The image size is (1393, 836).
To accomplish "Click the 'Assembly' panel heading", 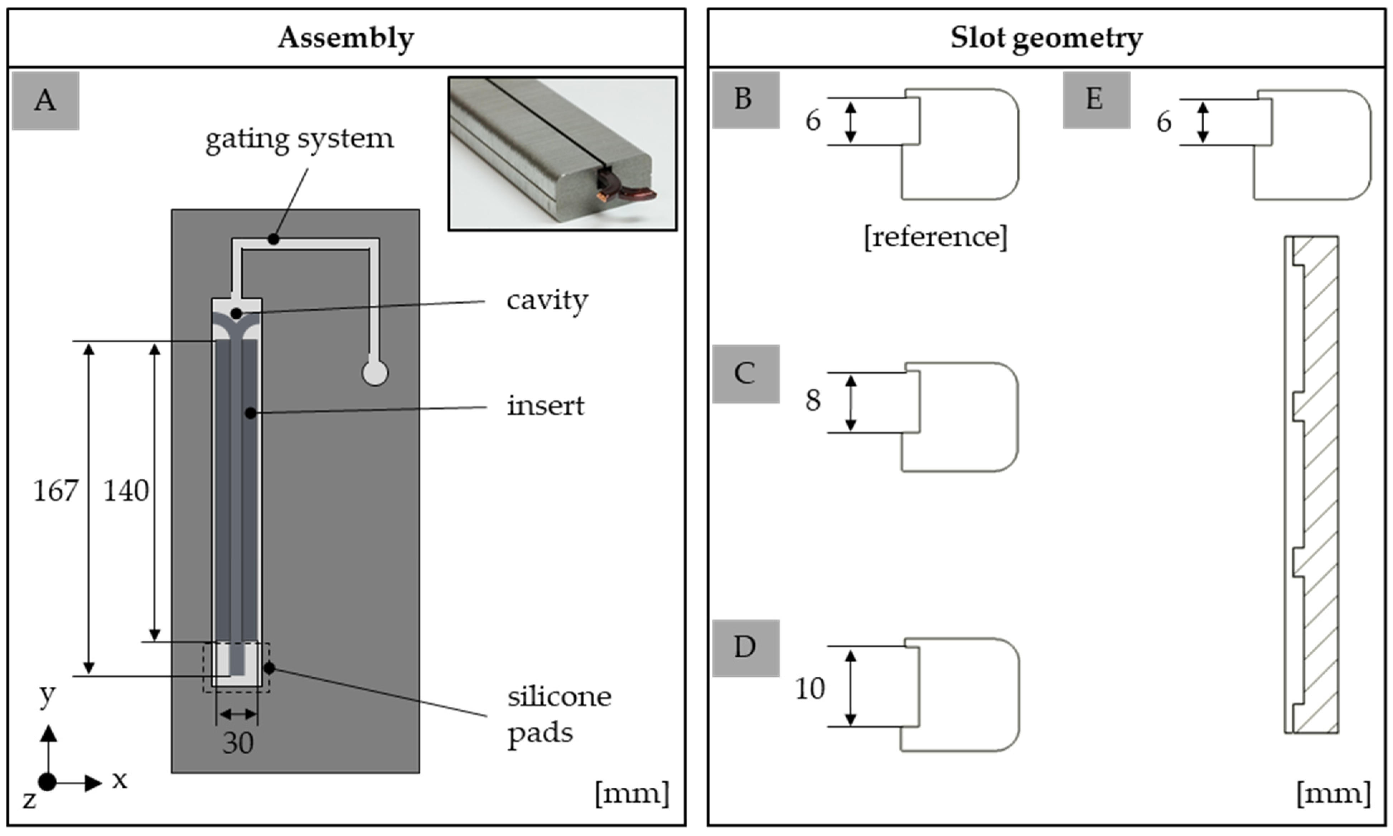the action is pos(346,38).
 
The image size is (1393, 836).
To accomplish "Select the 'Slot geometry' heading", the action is pos(1046,38).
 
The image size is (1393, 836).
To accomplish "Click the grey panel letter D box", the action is pos(746,648).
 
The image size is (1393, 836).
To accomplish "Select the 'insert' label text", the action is pos(545,406).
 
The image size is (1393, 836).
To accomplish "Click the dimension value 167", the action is pos(55,491).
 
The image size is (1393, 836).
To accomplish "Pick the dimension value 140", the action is pos(126,491).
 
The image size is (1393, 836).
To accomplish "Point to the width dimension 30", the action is pos(238,743).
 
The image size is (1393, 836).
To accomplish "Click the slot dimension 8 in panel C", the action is pos(813,401).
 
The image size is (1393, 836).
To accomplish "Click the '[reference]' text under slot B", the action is pos(935,237).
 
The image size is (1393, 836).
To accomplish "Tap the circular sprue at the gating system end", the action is pos(374,372).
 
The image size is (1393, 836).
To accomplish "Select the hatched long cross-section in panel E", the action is pos(1311,484).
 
